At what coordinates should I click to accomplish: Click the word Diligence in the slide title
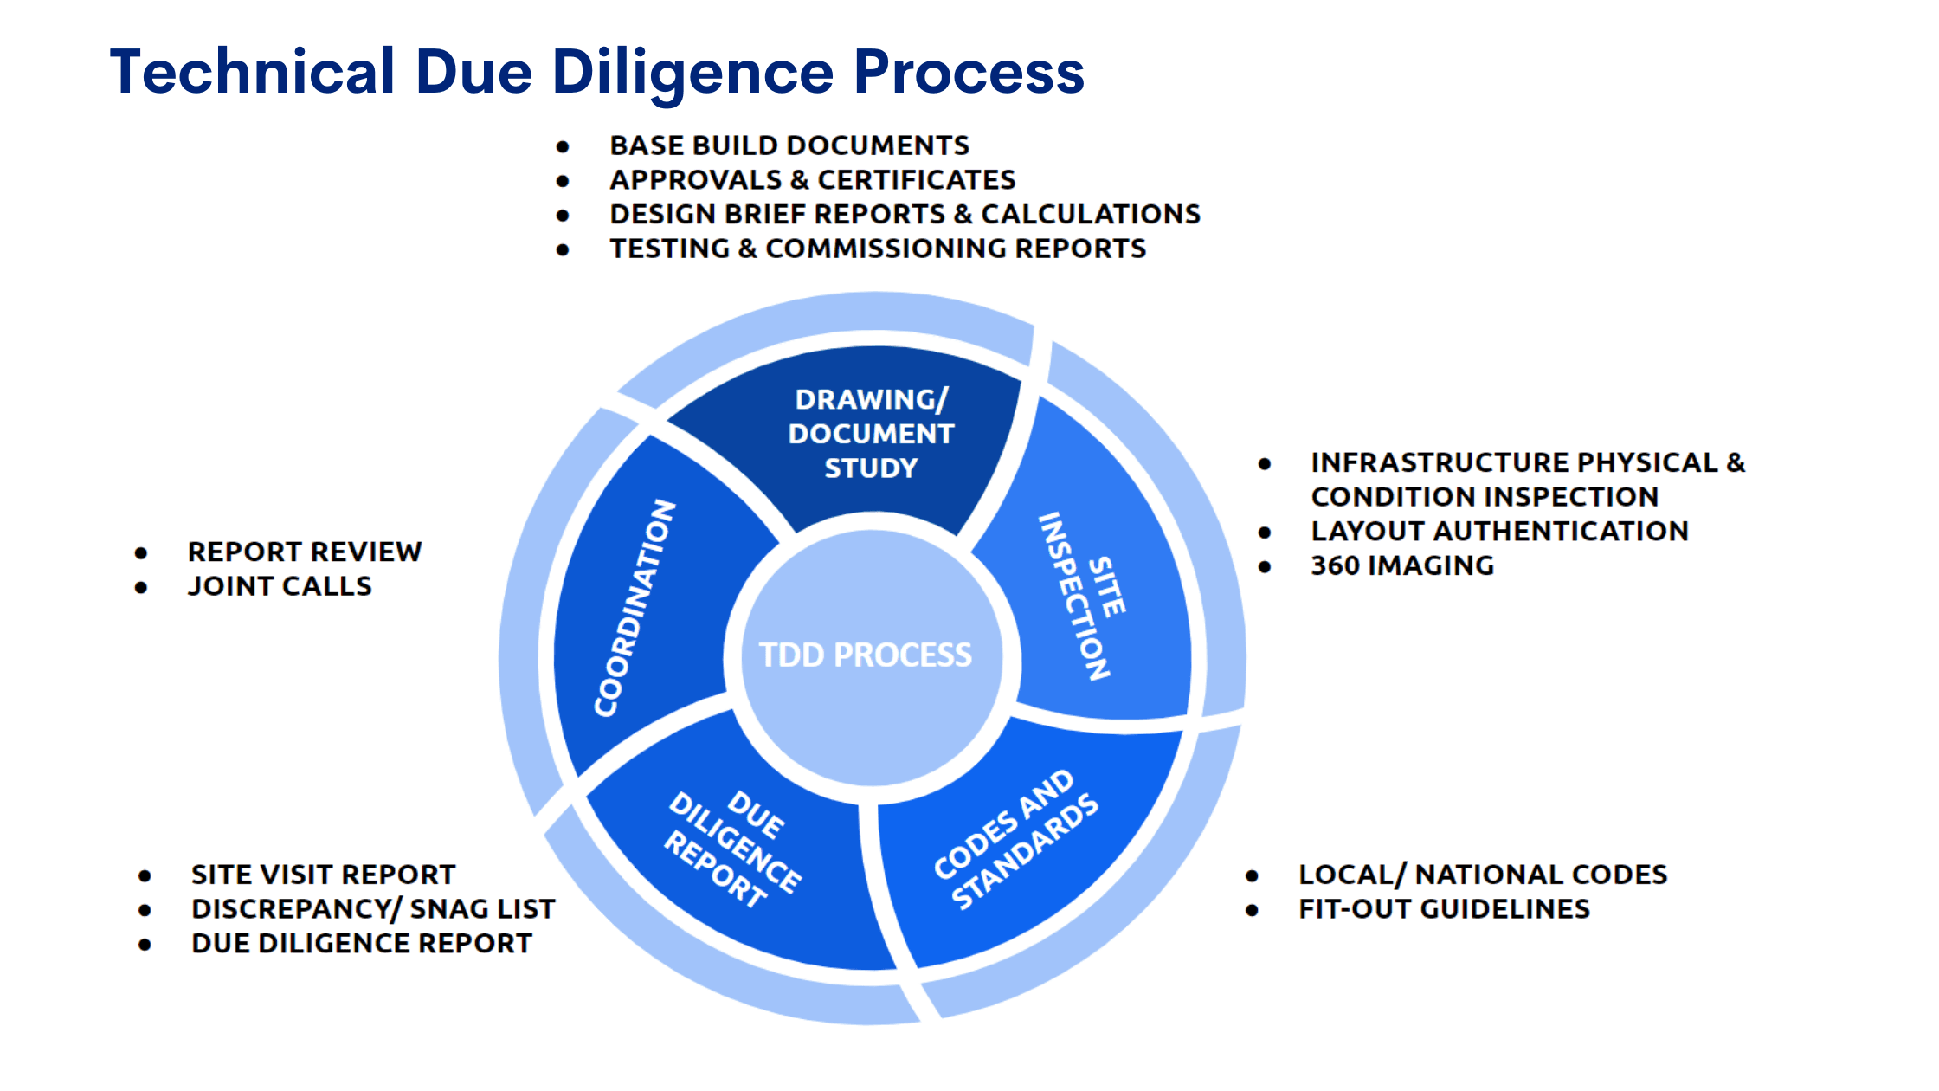(x=692, y=72)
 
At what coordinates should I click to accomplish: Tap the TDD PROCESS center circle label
(x=866, y=655)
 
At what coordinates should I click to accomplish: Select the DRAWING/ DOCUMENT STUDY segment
(x=871, y=434)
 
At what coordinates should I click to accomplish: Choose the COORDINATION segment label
(x=635, y=608)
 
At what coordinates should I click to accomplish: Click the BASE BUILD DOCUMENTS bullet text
(x=789, y=145)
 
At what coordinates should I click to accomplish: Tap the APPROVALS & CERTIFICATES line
(x=812, y=180)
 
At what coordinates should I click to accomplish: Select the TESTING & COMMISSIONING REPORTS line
(x=878, y=249)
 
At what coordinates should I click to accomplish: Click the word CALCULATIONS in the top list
(x=1091, y=215)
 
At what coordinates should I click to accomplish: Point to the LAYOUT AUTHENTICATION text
(x=1499, y=531)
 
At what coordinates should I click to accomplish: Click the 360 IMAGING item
(x=1402, y=565)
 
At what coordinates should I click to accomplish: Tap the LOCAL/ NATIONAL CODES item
(x=1483, y=875)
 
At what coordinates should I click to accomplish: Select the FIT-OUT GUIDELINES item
(x=1444, y=909)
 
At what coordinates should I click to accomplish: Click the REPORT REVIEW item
(x=305, y=552)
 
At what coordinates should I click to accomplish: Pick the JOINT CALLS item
(x=280, y=587)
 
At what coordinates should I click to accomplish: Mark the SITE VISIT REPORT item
(x=323, y=875)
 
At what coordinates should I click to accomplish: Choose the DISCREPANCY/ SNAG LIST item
(x=373, y=909)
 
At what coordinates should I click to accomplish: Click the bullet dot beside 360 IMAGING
(x=1265, y=567)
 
